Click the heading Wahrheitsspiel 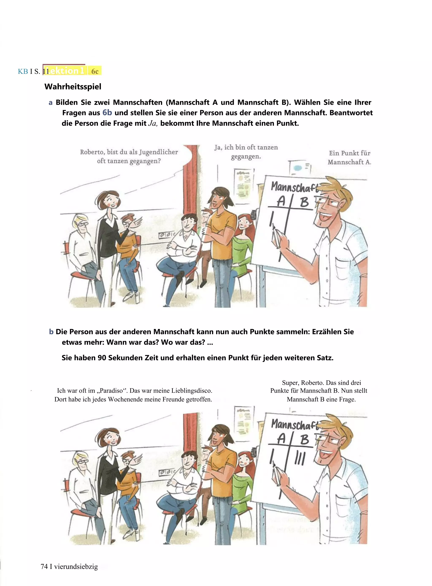73,87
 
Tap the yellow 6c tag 95,71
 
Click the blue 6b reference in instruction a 107,113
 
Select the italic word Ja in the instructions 153,123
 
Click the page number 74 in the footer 44,567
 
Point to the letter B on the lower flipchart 304,439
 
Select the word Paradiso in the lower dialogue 111,391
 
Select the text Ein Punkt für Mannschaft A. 349,157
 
